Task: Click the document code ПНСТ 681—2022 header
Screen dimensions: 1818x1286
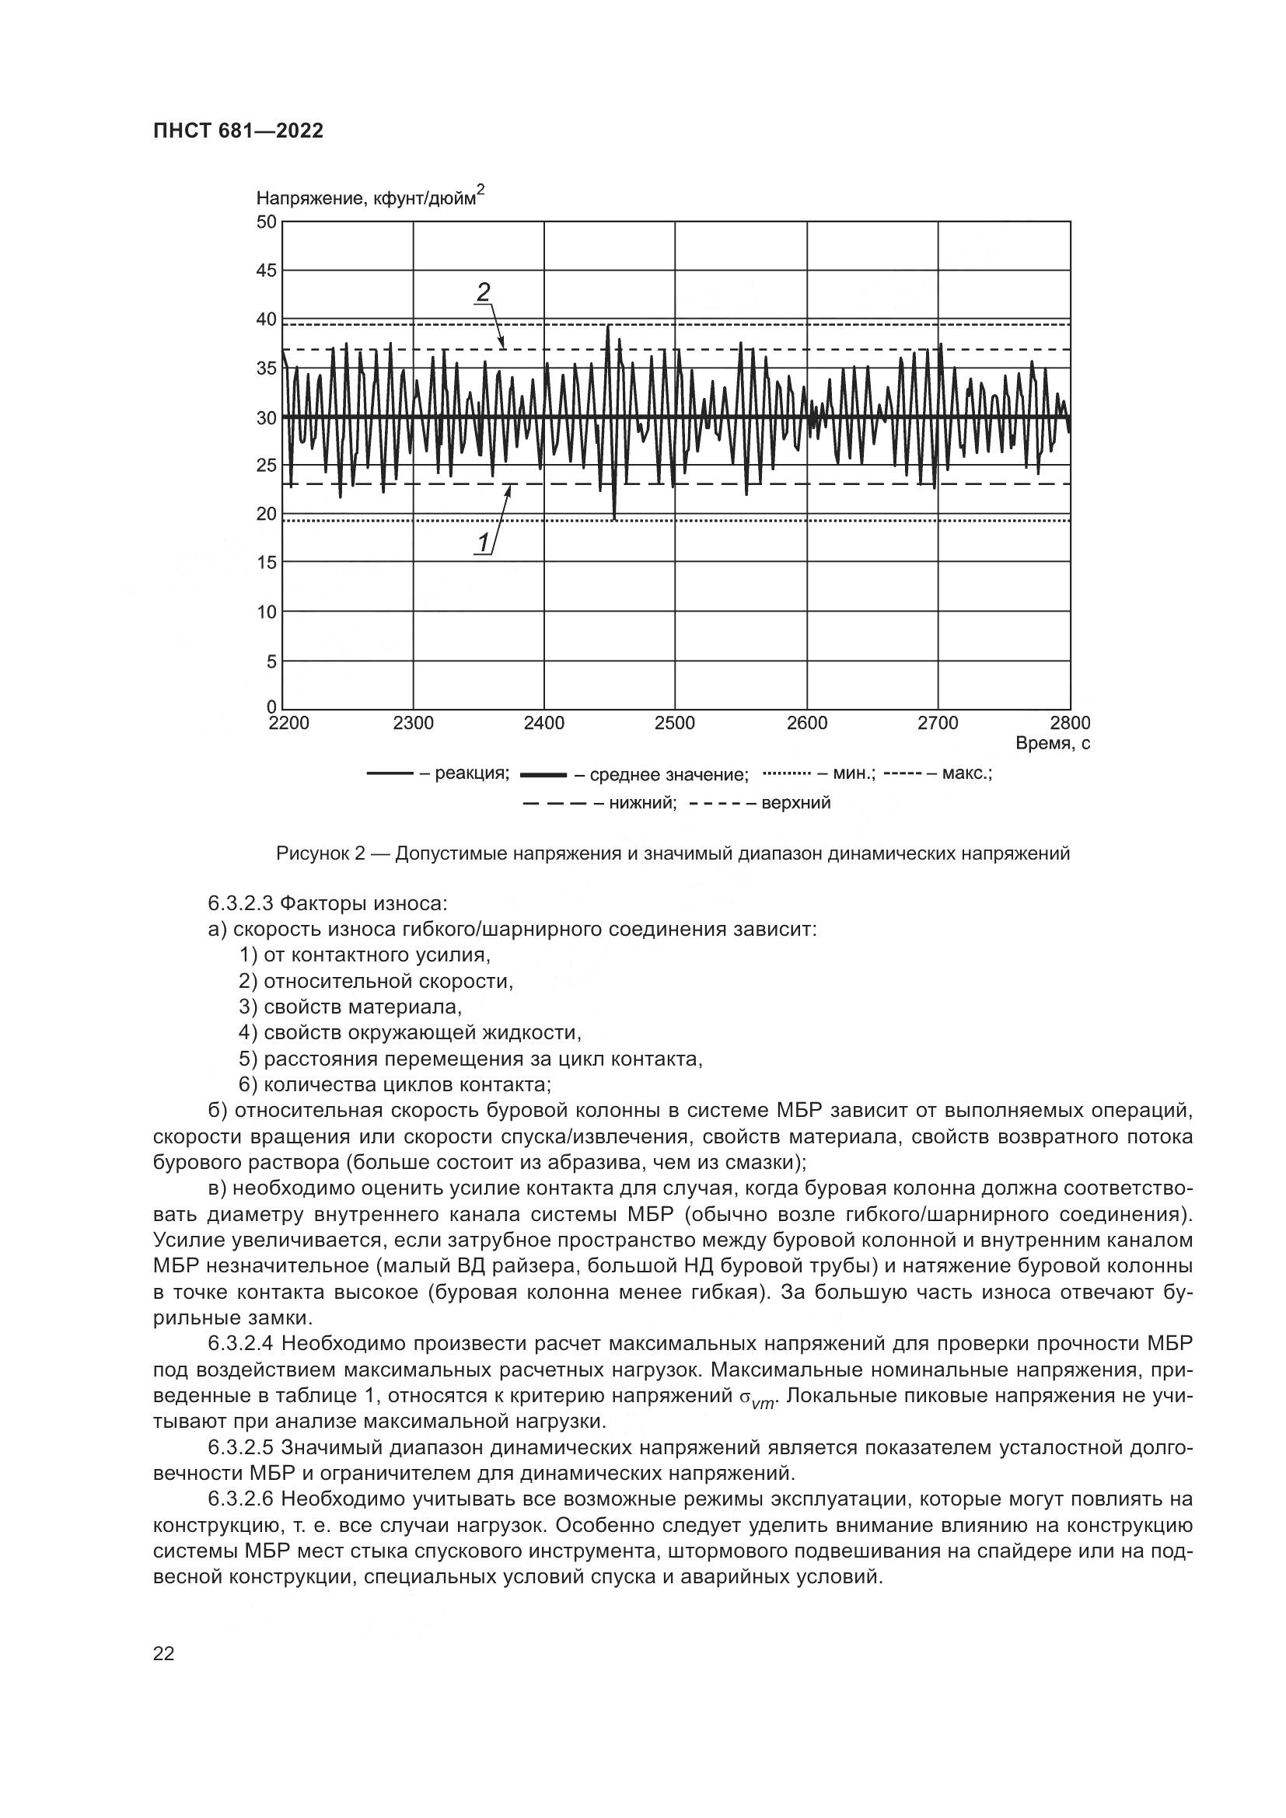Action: click(239, 131)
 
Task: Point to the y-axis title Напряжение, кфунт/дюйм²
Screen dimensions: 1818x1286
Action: click(370, 198)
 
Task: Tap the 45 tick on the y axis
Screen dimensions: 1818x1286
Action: click(267, 270)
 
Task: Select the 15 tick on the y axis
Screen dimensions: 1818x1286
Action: click(267, 563)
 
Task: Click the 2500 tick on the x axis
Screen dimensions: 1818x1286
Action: click(675, 723)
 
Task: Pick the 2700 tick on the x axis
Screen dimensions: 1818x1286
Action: click(938, 723)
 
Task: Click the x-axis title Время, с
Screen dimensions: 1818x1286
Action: click(1053, 744)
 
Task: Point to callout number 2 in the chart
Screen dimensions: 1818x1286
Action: click(482, 293)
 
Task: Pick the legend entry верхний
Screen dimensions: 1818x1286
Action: click(796, 804)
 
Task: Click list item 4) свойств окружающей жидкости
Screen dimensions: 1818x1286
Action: click(411, 1032)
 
